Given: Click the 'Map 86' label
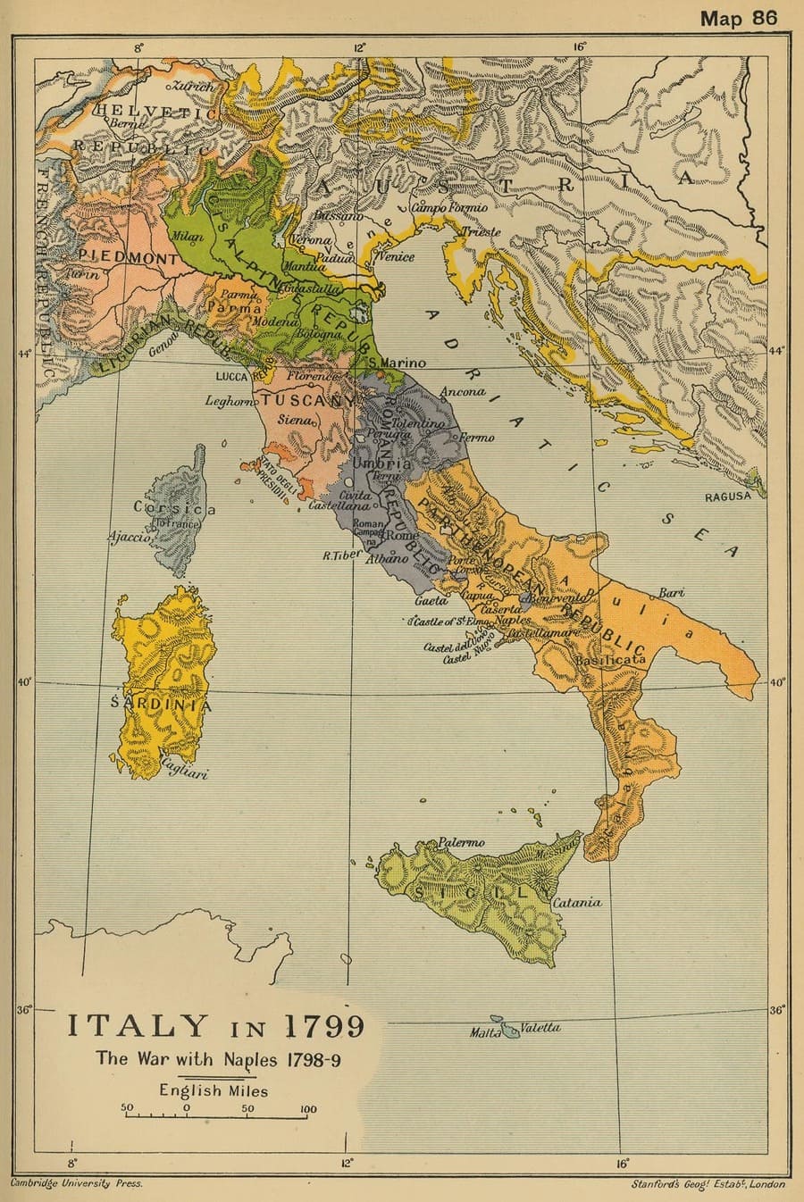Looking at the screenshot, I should (x=739, y=17).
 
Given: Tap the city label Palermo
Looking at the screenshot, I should (x=461, y=842).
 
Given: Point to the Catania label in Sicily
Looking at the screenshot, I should (x=577, y=903).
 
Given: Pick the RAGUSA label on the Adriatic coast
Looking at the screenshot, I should (x=728, y=497).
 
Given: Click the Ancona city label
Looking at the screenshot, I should (x=462, y=391).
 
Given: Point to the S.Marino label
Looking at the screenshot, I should (x=398, y=363).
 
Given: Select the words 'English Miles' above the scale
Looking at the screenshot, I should (x=214, y=1089).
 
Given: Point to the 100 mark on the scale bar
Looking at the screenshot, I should (x=307, y=1109).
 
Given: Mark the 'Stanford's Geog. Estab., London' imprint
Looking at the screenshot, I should (x=708, y=1184).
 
